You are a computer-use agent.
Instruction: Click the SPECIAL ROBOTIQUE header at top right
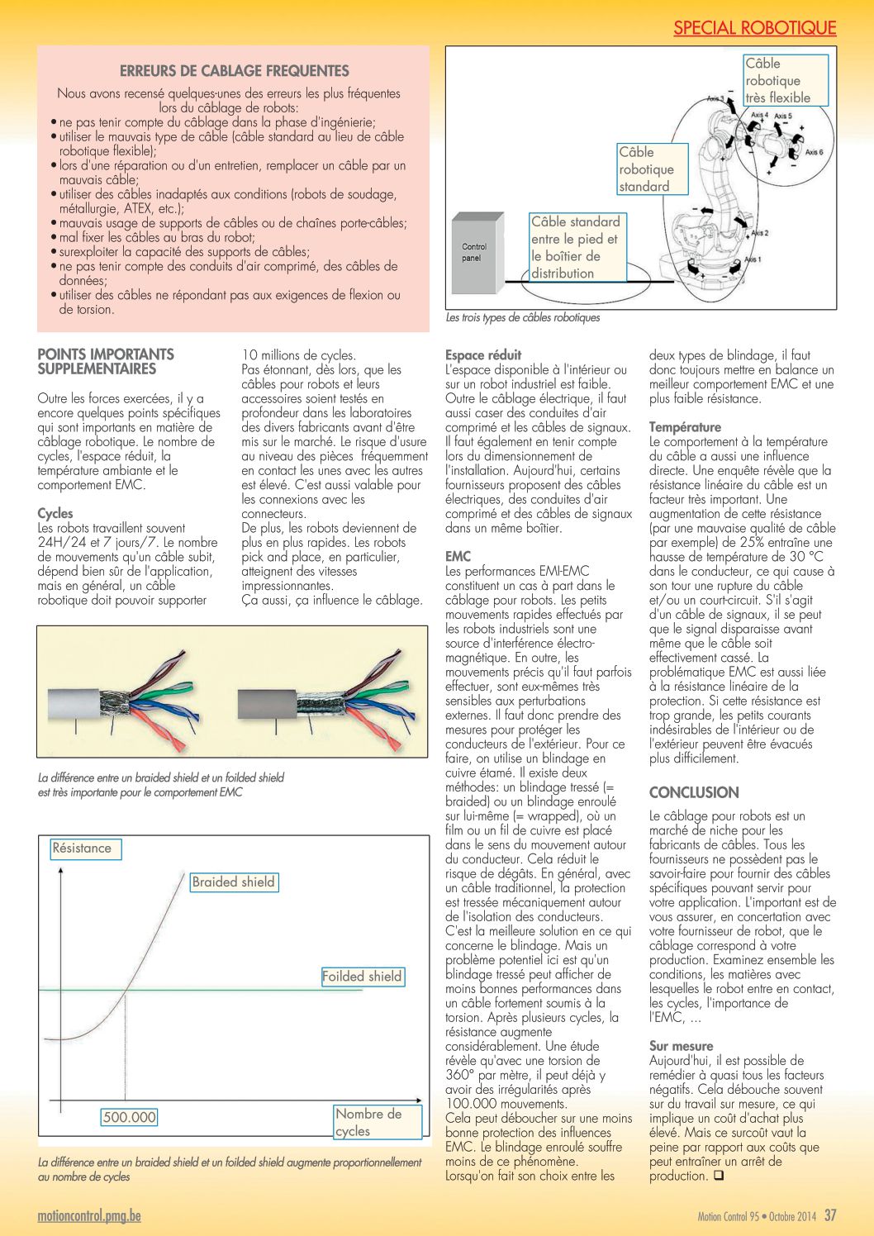click(x=754, y=28)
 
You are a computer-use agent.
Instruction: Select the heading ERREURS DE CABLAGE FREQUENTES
click(x=235, y=71)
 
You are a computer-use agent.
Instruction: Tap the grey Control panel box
click(x=476, y=252)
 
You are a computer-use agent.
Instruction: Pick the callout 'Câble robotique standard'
click(x=652, y=169)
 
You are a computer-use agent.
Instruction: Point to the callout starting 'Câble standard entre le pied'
click(x=577, y=247)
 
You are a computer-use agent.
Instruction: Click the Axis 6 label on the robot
click(x=814, y=152)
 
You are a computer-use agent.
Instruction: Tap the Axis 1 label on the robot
click(x=752, y=259)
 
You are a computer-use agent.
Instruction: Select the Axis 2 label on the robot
click(x=758, y=233)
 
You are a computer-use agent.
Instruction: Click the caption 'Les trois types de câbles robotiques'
click(x=523, y=317)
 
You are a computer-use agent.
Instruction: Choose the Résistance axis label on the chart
click(x=83, y=849)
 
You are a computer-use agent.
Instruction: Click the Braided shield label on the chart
click(x=233, y=882)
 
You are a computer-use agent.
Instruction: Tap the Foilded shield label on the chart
click(x=362, y=977)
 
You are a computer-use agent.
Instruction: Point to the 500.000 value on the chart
click(x=129, y=1117)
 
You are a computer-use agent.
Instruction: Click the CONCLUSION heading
click(x=694, y=792)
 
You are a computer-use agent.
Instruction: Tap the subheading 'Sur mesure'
click(x=681, y=1046)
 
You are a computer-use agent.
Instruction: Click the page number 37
click(x=830, y=1215)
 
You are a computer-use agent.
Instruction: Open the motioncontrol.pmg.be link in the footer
click(x=89, y=1216)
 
